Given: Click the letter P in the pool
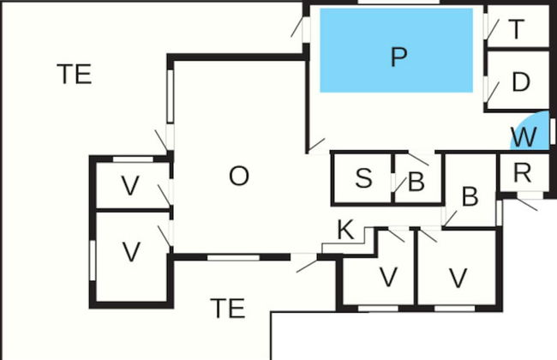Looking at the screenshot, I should tap(398, 57).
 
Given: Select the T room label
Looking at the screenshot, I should tap(517, 29).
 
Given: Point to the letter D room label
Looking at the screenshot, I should tap(520, 83).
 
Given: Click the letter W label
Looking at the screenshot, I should tap(523, 136).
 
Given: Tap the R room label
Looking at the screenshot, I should tap(522, 171).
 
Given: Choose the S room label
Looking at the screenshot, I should tap(363, 179).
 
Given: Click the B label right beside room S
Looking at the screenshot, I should tap(416, 182).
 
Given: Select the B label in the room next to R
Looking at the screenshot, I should tap(470, 196).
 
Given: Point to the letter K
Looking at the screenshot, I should tap(344, 230).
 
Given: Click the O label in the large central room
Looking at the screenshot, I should tap(239, 177).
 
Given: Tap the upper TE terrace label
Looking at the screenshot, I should tap(75, 74).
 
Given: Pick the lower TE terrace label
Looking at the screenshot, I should tap(227, 308).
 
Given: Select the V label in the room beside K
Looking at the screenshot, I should tap(388, 277).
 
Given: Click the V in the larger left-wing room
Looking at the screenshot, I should tap(131, 252).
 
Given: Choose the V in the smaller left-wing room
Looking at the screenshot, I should tap(130, 185).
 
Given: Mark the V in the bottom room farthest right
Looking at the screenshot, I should tap(458, 277).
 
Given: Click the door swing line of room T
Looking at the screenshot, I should tap(491, 27).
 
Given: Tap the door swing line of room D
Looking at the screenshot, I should tap(494, 89).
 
